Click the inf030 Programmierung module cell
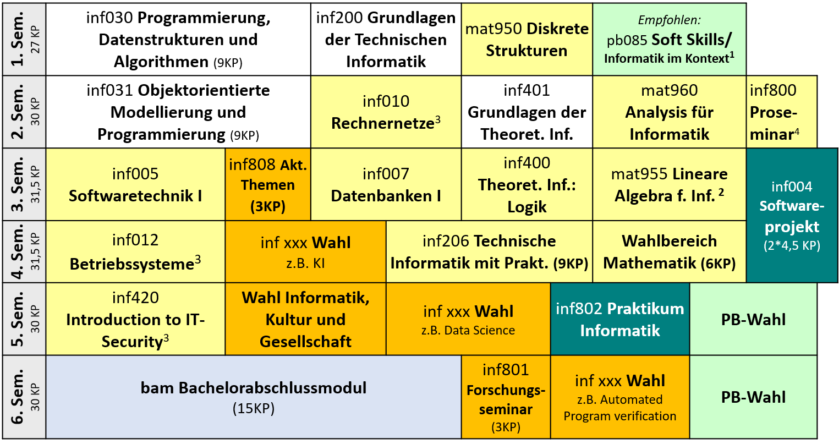(178, 40)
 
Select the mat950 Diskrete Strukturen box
(527, 40)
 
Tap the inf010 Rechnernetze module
(386, 112)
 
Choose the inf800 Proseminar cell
(781, 112)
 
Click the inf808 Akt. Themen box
(268, 184)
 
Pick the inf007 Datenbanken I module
(386, 184)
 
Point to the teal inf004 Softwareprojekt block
(792, 215)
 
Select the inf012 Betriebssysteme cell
(135, 251)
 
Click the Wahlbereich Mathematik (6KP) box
(670, 251)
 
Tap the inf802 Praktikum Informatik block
(620, 319)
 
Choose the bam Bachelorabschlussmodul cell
(254, 397)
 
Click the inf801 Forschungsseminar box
(506, 397)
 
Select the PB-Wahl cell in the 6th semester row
(753, 397)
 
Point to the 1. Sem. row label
(24, 40)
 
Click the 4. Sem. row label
(24, 251)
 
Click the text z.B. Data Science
(468, 330)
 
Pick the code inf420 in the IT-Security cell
(135, 298)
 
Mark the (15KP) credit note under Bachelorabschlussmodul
(254, 408)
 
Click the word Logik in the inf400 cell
(527, 207)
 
